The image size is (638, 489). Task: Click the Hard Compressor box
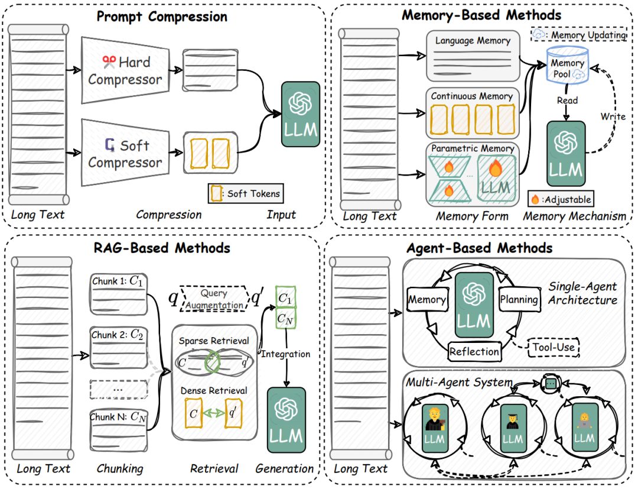125,70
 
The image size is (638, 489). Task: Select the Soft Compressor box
125,153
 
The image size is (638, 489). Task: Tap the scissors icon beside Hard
109,62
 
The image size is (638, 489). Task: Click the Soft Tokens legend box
246,193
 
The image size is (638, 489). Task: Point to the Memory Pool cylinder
567,66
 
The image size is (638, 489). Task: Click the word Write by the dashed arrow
613,116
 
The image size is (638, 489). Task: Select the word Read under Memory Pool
567,100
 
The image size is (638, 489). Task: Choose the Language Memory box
473,56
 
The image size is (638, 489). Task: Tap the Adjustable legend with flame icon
561,199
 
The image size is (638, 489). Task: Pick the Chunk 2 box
118,348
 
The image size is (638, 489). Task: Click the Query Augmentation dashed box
214,299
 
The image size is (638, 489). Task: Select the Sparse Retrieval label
214,341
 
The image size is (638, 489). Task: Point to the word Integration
286,354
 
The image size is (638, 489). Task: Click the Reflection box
474,351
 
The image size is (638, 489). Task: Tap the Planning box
520,300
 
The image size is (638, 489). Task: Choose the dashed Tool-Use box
554,347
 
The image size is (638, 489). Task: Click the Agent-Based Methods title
479,248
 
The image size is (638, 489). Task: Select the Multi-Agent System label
460,383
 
